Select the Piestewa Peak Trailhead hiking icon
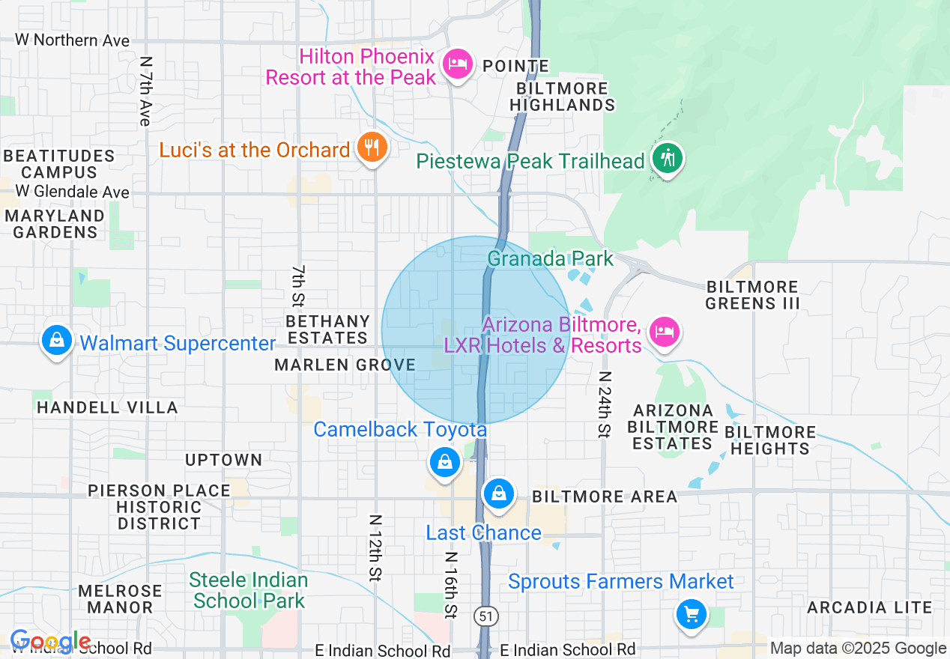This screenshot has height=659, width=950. pos(665,158)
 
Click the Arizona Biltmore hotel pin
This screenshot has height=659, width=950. pos(664,331)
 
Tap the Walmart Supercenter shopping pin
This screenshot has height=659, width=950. pos(57,341)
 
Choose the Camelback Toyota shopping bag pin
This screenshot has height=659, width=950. pos(445,461)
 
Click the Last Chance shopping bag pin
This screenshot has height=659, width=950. pos(498,494)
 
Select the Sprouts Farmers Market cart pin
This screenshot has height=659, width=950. pos(690,615)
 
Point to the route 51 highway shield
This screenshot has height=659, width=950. pos(484,616)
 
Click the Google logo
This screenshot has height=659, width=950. pos(49,642)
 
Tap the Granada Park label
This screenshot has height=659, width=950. pos(550,259)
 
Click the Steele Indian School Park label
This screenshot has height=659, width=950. pos(248,590)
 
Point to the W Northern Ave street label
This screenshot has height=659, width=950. pos(72,40)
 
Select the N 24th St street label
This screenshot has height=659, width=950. pos(604,404)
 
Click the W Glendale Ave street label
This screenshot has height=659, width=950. pos(72,192)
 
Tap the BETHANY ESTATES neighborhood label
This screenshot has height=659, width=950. pos(328,329)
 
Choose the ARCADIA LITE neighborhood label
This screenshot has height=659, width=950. pos(869,607)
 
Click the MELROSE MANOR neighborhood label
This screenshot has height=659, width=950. pos(120,599)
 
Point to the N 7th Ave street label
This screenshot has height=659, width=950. pos(145,91)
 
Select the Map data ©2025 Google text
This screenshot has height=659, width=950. pos(858,649)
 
